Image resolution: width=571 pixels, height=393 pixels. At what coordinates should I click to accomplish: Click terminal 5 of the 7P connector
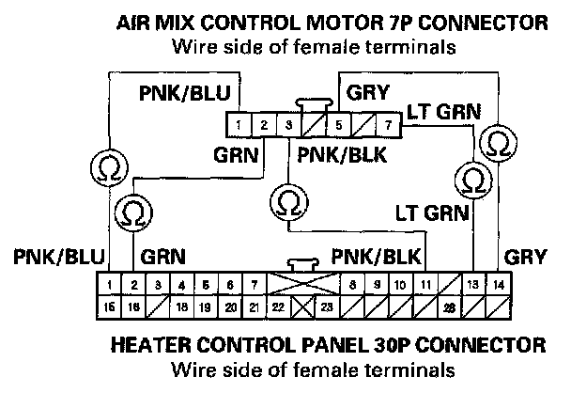pos(338,123)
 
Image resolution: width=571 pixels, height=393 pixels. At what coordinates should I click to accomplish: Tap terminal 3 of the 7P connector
pos(289,123)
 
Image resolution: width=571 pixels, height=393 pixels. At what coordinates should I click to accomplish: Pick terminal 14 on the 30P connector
pos(499,283)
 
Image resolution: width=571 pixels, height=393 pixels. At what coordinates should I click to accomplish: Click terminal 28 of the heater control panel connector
pos(449,306)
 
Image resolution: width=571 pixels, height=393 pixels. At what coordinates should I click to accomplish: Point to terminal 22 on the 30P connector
pos(278,306)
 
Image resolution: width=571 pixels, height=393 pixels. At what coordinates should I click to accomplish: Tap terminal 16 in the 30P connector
pos(134,306)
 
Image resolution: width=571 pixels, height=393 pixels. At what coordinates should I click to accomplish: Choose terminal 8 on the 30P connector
pos(351,283)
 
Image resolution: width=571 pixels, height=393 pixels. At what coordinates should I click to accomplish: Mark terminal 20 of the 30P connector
pos(230,306)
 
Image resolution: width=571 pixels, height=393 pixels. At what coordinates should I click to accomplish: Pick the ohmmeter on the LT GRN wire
pos(474,179)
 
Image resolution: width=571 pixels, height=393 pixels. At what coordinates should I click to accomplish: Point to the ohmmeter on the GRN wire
pos(134,209)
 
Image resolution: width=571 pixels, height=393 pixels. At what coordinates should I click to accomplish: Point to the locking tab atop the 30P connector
pos(302,266)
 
